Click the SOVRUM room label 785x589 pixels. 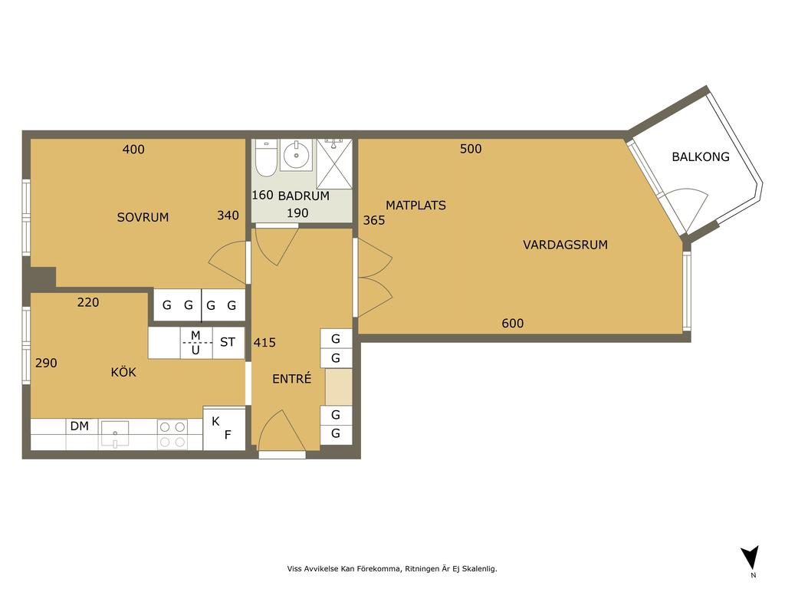click(x=143, y=217)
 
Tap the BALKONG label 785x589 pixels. click(x=701, y=156)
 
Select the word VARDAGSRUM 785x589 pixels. click(x=565, y=245)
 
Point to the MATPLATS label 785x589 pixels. click(x=415, y=206)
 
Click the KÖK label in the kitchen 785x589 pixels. click(x=123, y=372)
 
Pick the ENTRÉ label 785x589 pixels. click(x=292, y=379)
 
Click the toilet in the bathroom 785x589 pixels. click(x=265, y=158)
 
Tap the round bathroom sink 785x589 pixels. click(x=297, y=155)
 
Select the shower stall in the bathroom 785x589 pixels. click(x=334, y=164)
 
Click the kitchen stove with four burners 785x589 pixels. click(x=172, y=434)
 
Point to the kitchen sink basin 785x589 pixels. click(x=115, y=433)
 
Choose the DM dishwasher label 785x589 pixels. click(x=80, y=426)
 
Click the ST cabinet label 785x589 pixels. click(x=227, y=342)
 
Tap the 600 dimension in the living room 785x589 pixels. click(x=513, y=324)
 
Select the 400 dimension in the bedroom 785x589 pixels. click(x=133, y=150)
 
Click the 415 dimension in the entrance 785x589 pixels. click(x=264, y=343)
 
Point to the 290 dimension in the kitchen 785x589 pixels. click(x=46, y=363)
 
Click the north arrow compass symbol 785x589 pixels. click(x=751, y=558)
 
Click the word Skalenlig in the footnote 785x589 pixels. click(x=479, y=568)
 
